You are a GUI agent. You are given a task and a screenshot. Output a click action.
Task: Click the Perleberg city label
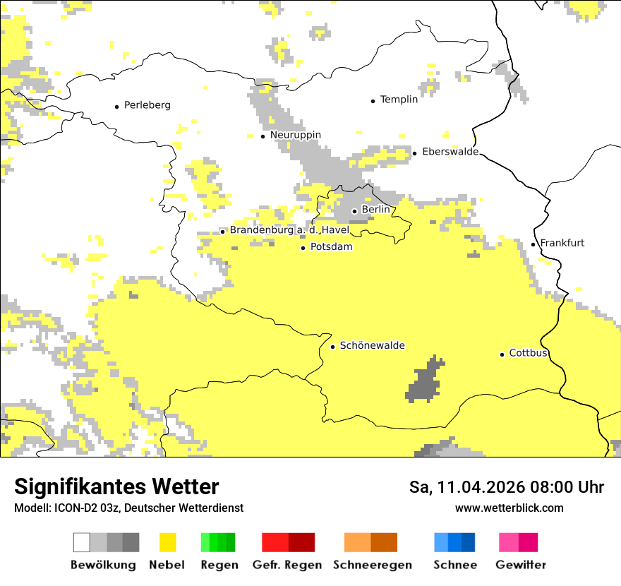point(147,105)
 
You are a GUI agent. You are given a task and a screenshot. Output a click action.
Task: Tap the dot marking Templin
point(373,101)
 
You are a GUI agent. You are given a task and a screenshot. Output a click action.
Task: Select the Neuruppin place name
point(295,135)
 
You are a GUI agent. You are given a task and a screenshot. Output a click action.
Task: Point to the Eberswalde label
point(450,152)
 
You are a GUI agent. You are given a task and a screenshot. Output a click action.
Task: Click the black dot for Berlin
point(354,210)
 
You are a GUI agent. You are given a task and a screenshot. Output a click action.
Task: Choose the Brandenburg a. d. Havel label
point(289,230)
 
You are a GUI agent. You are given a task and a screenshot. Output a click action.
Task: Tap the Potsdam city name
point(331,247)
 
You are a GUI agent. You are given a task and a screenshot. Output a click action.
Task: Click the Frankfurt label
point(562,243)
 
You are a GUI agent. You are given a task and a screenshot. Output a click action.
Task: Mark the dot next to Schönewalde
point(332,347)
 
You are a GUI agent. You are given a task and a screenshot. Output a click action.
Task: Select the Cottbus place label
point(528,353)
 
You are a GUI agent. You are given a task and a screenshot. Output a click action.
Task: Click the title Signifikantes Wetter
point(116,486)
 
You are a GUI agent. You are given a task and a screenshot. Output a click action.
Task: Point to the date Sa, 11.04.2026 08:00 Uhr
point(506,487)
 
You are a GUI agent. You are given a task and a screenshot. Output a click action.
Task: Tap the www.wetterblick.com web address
point(509,508)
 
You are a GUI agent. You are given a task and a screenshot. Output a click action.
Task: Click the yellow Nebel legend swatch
point(168,542)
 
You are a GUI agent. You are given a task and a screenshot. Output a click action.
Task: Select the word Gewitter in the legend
point(521,565)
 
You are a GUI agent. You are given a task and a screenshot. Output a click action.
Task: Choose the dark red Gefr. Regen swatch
point(301,542)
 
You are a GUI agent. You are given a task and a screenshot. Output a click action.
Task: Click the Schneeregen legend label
point(373,565)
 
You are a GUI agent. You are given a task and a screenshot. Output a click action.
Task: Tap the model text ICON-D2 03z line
point(128,508)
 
